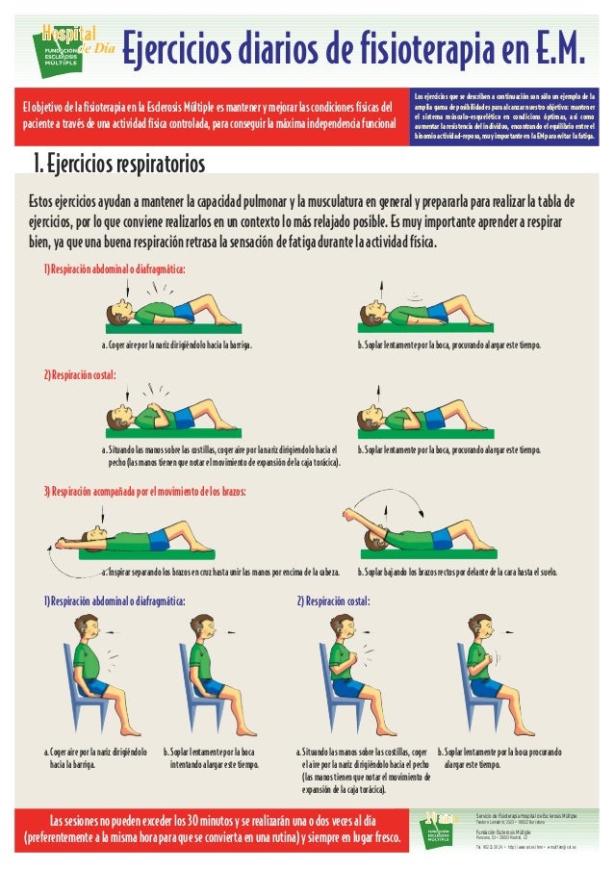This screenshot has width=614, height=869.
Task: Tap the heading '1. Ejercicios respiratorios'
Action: click(119, 165)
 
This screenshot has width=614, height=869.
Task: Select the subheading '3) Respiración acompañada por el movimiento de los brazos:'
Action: click(144, 492)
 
